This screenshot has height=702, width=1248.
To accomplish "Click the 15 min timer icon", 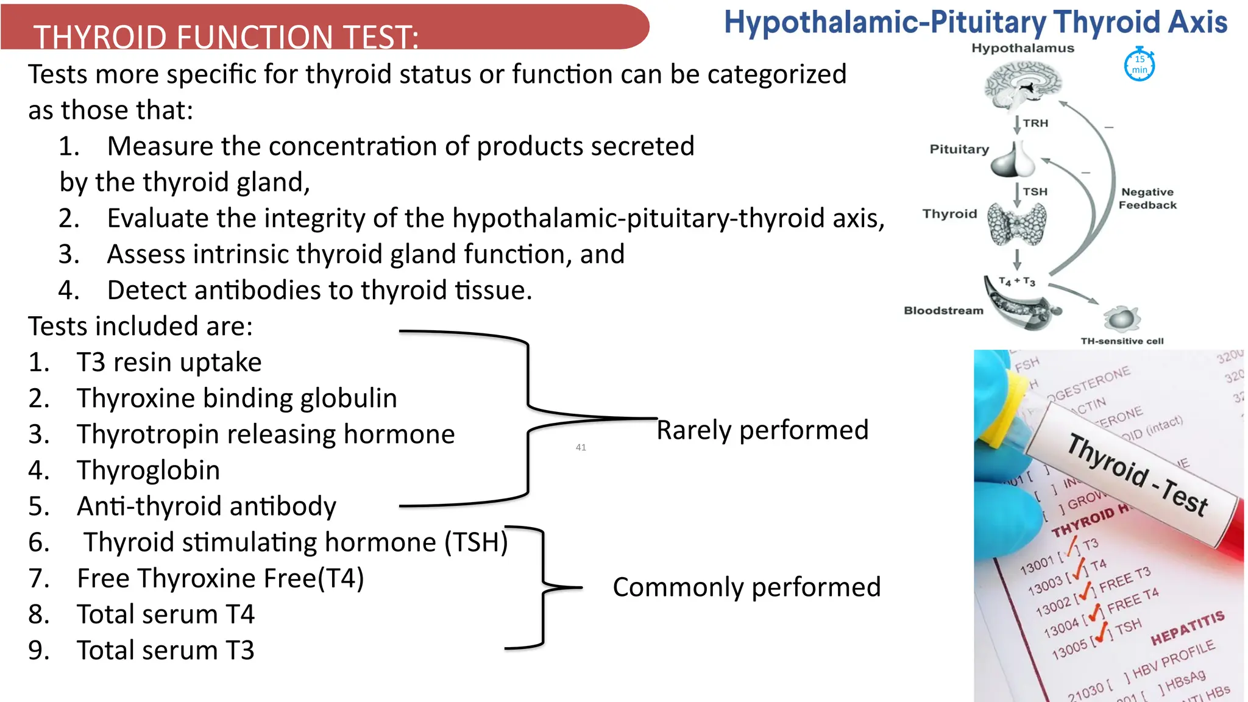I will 1139,65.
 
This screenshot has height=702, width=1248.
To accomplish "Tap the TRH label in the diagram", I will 1035,123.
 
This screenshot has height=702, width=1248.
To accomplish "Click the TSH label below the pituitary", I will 1035,191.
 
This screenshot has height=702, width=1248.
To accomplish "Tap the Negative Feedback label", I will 1147,199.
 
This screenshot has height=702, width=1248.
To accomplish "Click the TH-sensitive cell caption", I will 1122,341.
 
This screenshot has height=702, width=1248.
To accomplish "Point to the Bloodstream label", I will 943,311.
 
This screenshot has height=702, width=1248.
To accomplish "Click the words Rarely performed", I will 762,430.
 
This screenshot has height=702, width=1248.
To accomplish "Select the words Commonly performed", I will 746,587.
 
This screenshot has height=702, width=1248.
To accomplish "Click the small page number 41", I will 581,447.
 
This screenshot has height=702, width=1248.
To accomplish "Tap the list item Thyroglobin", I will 148,470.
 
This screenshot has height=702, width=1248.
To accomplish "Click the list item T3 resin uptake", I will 169,363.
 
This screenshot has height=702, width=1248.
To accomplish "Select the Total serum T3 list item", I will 165,650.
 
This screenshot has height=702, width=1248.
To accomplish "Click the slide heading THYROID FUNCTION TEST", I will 226,37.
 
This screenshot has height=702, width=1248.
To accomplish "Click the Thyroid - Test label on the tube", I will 1136,476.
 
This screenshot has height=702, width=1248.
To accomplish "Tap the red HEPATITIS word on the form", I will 1187,628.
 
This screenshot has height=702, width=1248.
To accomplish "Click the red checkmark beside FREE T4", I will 1094,611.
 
